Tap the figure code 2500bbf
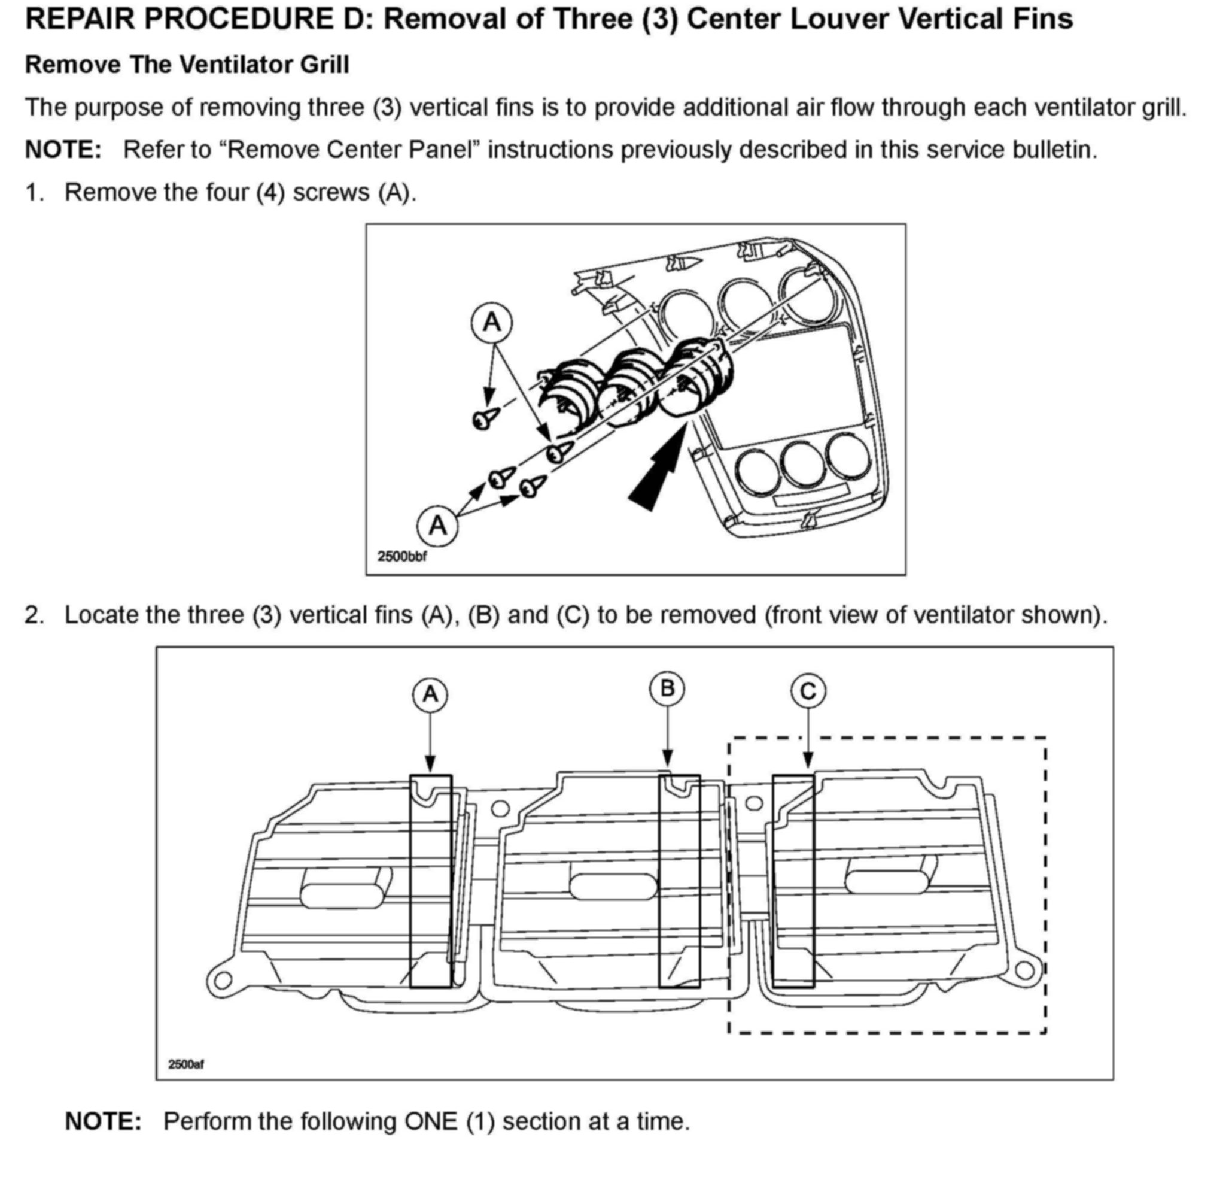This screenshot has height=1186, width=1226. pyautogui.click(x=401, y=556)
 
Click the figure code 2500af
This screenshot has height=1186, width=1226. pyautogui.click(x=185, y=1064)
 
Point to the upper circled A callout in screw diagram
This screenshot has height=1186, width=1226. pyautogui.click(x=492, y=323)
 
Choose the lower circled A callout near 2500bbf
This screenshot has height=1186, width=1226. pyautogui.click(x=438, y=526)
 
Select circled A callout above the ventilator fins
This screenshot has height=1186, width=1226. pyautogui.click(x=430, y=694)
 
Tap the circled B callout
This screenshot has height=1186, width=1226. pyautogui.click(x=667, y=688)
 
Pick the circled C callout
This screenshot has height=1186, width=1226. pyautogui.click(x=808, y=691)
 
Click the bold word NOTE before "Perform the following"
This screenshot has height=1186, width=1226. pyautogui.click(x=103, y=1121)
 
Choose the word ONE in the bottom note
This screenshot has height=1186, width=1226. pyautogui.click(x=430, y=1121)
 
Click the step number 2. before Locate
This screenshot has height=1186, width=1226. pyautogui.click(x=34, y=615)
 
